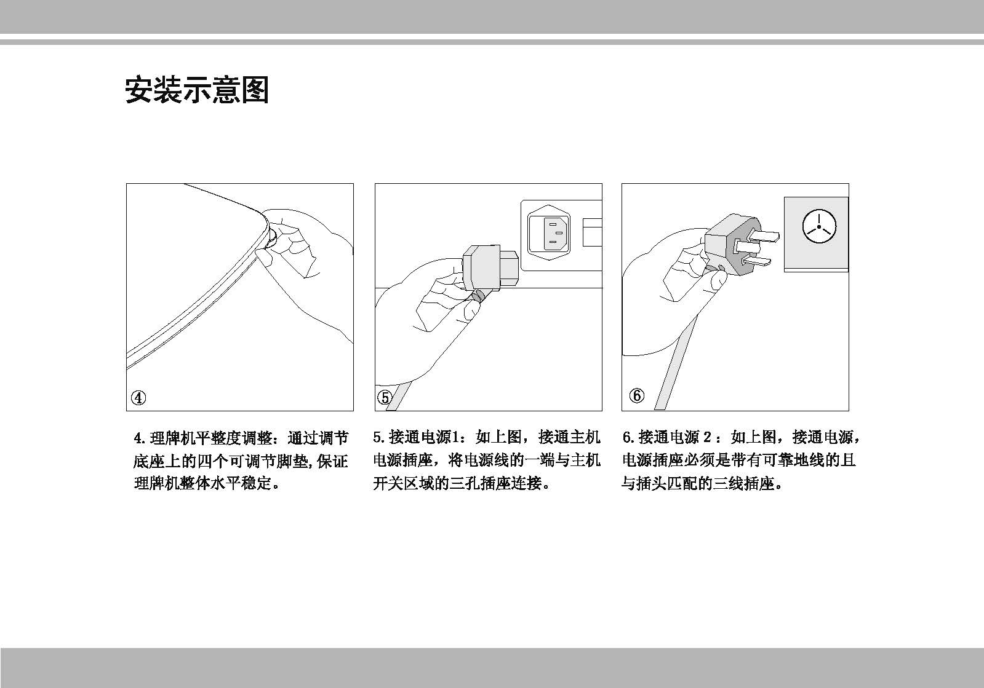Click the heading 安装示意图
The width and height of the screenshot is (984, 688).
tap(197, 90)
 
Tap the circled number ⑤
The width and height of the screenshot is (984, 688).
tap(385, 398)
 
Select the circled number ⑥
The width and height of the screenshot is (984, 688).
tap(637, 395)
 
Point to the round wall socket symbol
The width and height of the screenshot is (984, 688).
tap(820, 226)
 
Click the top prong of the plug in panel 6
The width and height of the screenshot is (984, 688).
tap(766, 235)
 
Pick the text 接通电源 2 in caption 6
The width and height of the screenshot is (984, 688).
tap(675, 438)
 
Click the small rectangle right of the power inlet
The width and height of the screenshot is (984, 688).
tap(591, 232)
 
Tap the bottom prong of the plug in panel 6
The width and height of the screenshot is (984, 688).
tap(757, 263)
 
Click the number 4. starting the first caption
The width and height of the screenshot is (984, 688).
tap(140, 438)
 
